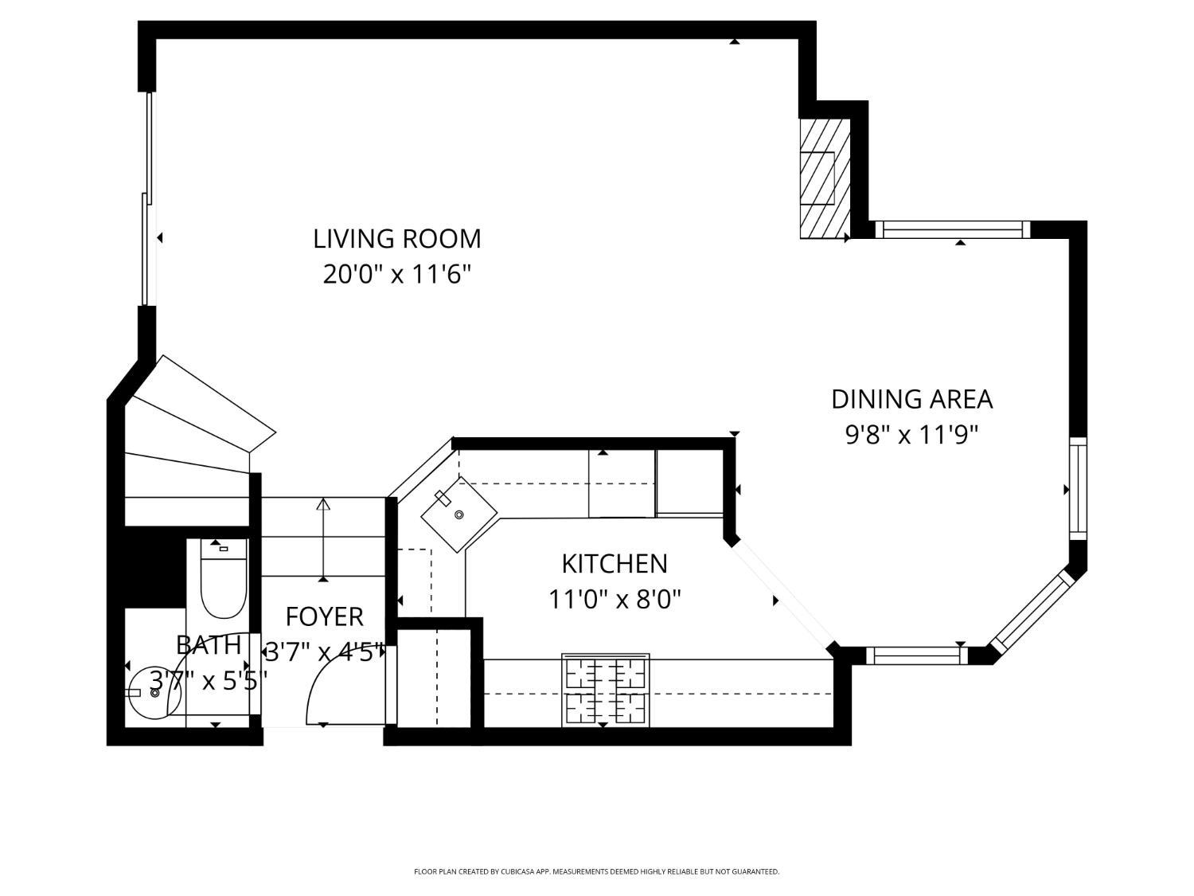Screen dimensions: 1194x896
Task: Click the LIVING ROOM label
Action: pyautogui.click(x=397, y=239)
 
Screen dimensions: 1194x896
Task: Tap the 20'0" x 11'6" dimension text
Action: pyautogui.click(x=396, y=274)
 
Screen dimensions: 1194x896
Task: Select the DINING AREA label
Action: pyautogui.click(x=912, y=399)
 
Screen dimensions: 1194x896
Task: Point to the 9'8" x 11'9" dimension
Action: pyautogui.click(x=912, y=435)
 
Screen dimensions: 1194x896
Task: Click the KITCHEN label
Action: pyautogui.click(x=615, y=564)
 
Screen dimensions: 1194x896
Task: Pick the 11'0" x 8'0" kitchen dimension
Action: pyautogui.click(x=615, y=600)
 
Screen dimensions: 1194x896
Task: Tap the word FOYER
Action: pyautogui.click(x=325, y=617)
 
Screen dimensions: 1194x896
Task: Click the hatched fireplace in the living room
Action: pyautogui.click(x=825, y=178)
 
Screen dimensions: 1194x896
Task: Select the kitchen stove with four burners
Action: pyautogui.click(x=606, y=690)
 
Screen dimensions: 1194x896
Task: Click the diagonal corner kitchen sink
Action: pyautogui.click(x=459, y=514)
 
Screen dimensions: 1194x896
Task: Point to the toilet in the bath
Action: pyautogui.click(x=224, y=578)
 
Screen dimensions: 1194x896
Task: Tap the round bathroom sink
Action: pyautogui.click(x=155, y=693)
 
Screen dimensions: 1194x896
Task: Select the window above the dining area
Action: pyautogui.click(x=952, y=229)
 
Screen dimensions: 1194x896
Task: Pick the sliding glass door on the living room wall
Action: pyautogui.click(x=149, y=198)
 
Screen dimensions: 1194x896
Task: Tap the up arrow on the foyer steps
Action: pyautogui.click(x=324, y=540)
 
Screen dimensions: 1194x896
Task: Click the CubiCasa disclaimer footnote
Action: pyautogui.click(x=597, y=871)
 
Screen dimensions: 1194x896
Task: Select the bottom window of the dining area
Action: pyautogui.click(x=918, y=656)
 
